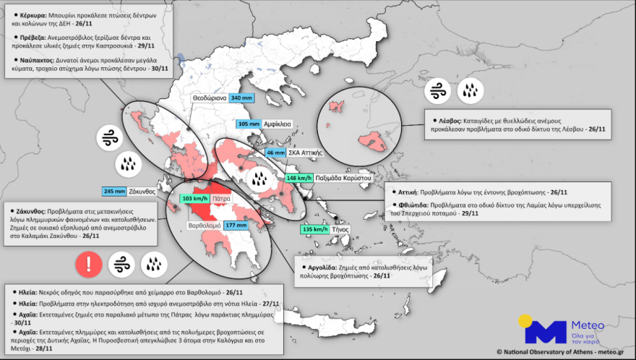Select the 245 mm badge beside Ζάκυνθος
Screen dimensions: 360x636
[x=113, y=192]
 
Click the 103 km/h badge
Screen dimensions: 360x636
[x=195, y=197]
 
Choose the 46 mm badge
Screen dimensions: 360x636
[x=275, y=153]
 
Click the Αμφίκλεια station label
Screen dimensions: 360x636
[x=277, y=124]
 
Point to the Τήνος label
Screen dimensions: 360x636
[x=340, y=229]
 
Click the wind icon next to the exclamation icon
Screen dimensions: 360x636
[x=121, y=265]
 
